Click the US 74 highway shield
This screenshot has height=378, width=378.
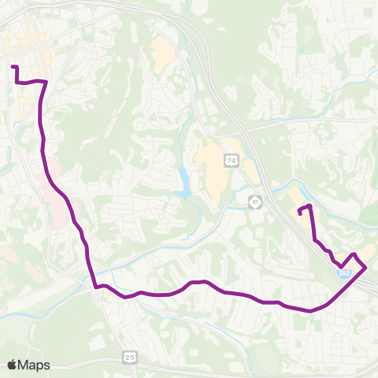pyautogui.click(x=231, y=161)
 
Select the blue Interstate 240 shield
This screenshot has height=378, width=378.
pyautogui.click(x=343, y=272)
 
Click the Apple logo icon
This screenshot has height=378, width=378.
pyautogui.click(x=13, y=364)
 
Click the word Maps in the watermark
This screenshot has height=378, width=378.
pyautogui.click(x=35, y=364)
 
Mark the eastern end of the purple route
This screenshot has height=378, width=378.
pyautogui.click(x=299, y=211)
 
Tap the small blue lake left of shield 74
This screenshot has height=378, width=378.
pyautogui.click(x=183, y=182)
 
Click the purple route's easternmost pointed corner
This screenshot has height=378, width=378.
pyautogui.click(x=366, y=269)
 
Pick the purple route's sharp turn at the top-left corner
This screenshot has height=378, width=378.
pyautogui.click(x=45, y=82)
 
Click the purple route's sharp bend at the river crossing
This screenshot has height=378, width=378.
pyautogui.click(x=95, y=286)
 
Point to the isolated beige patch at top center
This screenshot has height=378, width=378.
pyautogui.click(x=164, y=52)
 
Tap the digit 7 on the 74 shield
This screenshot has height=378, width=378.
pyautogui.click(x=228, y=161)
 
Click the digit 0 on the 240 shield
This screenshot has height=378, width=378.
pyautogui.click(x=346, y=273)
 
